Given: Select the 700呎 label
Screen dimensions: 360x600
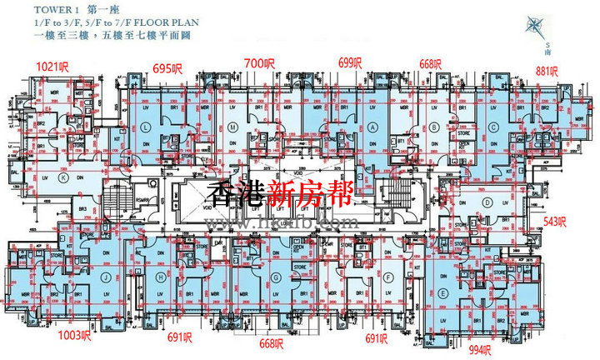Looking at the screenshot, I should [259, 62].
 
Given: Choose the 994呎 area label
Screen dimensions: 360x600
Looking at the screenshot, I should [505, 349].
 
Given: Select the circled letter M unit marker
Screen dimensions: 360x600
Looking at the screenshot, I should [233, 127].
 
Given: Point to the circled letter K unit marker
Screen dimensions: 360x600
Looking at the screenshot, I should [63, 177].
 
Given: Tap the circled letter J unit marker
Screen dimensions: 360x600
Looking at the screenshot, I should [107, 278].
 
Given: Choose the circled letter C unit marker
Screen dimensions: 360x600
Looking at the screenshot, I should [494, 127].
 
